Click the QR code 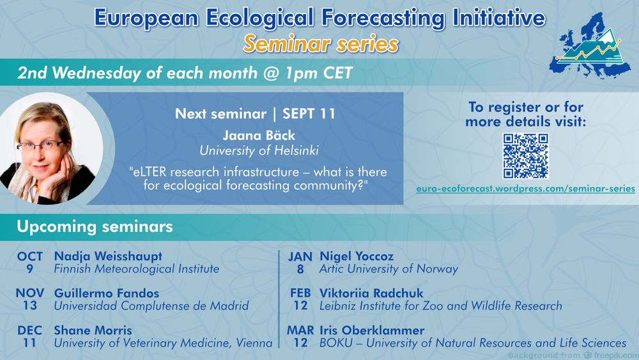(x=525, y=156)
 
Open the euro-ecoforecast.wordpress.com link (x=525, y=189)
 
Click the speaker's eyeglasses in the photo (x=40, y=146)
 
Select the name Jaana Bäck (x=259, y=136)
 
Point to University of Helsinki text (x=259, y=151)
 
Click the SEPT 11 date (x=309, y=114)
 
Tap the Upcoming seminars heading (x=95, y=227)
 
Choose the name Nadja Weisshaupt (x=108, y=256)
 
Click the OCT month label (x=30, y=256)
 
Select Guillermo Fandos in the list (x=106, y=293)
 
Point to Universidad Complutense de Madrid (x=151, y=306)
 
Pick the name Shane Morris (x=93, y=330)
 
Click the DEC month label (x=29, y=330)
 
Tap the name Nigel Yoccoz (x=357, y=256)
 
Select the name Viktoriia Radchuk (x=371, y=293)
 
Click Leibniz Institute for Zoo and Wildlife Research (x=440, y=306)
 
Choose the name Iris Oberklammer (x=372, y=330)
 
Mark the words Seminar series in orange (x=321, y=44)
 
